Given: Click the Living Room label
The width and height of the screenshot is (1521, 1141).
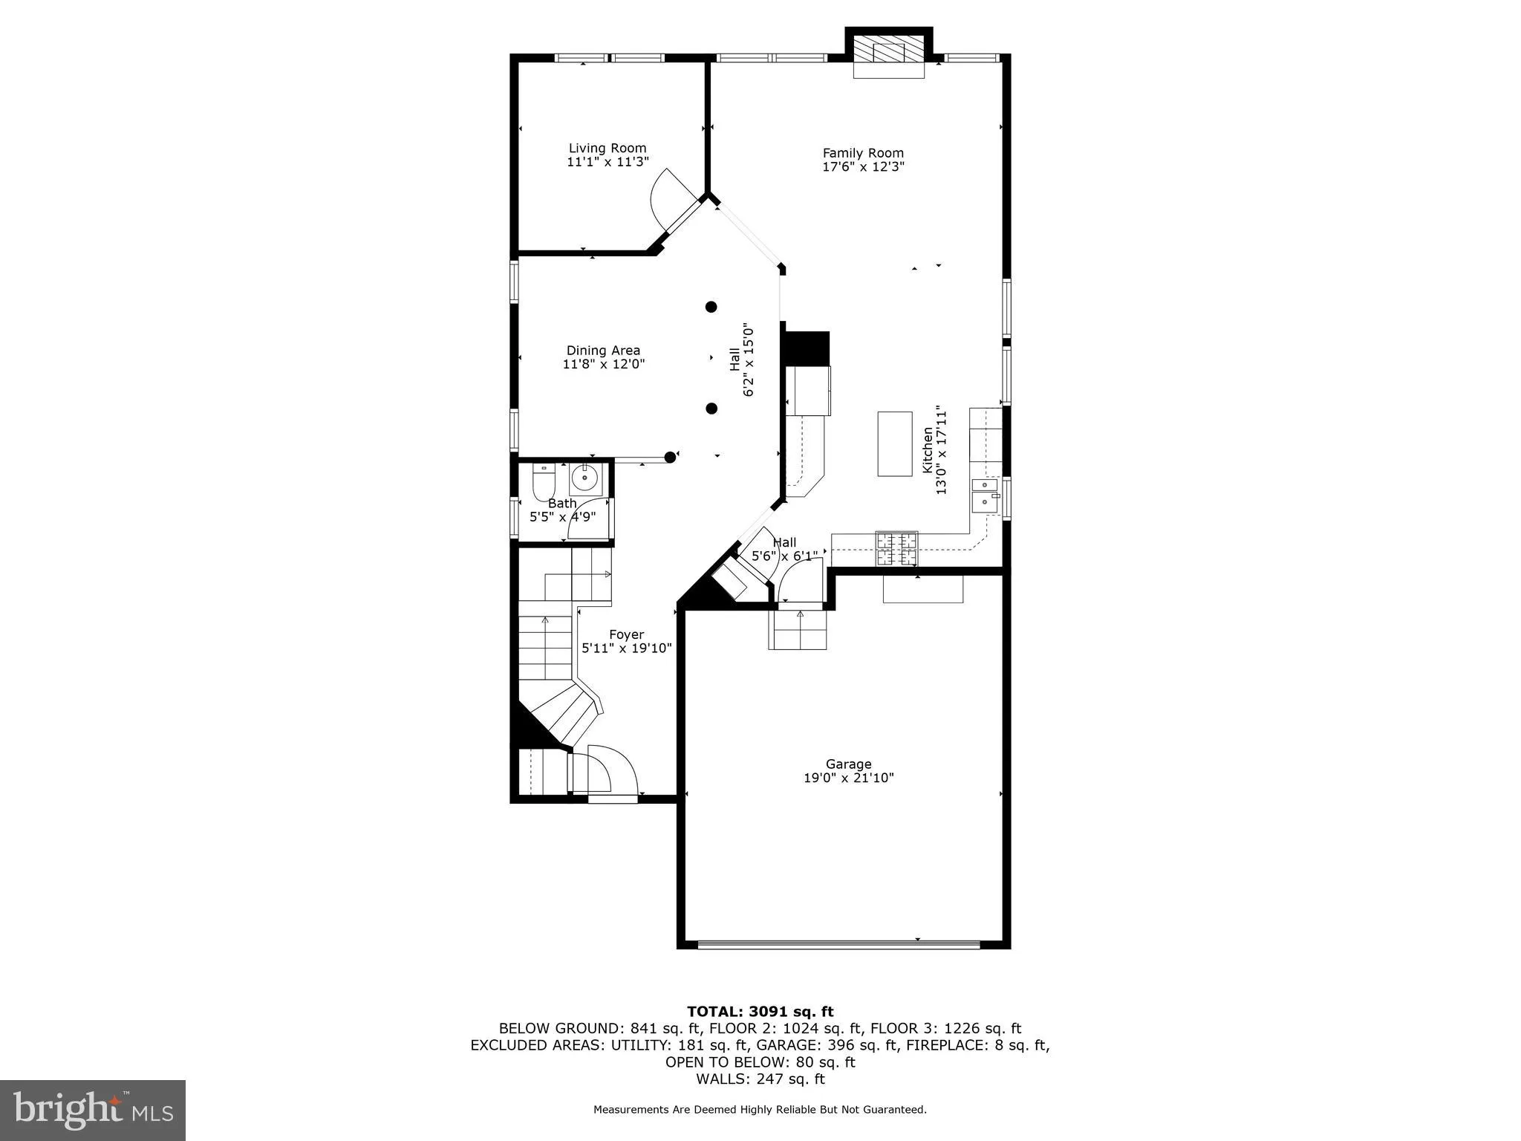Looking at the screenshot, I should pos(608,149).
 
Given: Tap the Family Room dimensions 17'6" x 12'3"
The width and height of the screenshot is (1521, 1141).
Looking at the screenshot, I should pos(863,167).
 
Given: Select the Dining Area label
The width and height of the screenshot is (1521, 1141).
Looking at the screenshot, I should pos(603,351).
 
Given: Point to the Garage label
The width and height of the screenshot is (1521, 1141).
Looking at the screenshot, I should pos(848,764).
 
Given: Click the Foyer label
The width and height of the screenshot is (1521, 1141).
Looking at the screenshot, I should pos(626,634).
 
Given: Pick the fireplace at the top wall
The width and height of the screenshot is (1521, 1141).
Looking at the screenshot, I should pos(888,53).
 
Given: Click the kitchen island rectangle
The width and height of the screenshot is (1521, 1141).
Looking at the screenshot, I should pos(895,443).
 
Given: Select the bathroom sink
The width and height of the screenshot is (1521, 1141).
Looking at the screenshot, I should pos(585,478).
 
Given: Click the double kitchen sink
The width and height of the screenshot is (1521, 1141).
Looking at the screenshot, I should pos(986,495).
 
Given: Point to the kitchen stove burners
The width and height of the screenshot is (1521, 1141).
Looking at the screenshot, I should pos(896,549).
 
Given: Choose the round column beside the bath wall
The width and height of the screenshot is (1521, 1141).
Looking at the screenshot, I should pos(670,458).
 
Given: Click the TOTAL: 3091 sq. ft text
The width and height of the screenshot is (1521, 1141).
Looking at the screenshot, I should pos(760,1011).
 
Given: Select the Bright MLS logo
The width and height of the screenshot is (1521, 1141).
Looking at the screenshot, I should pos(93,1110).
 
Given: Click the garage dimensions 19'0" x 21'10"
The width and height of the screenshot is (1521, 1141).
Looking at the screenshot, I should pos(848,778).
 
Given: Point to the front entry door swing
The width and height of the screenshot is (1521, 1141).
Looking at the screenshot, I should pos(605,773).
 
